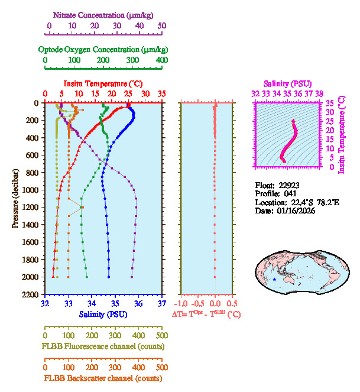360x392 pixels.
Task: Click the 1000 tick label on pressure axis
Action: pos(31,190)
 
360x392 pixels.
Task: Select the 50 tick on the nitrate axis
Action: pos(162,25)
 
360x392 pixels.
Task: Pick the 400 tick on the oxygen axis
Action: pos(162,60)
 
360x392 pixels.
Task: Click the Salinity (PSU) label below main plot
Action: pos(103,314)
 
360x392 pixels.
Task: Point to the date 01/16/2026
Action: pos(294,210)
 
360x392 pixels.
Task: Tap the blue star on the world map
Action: pos(274,280)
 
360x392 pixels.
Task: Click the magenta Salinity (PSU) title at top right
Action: pos(287,83)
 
